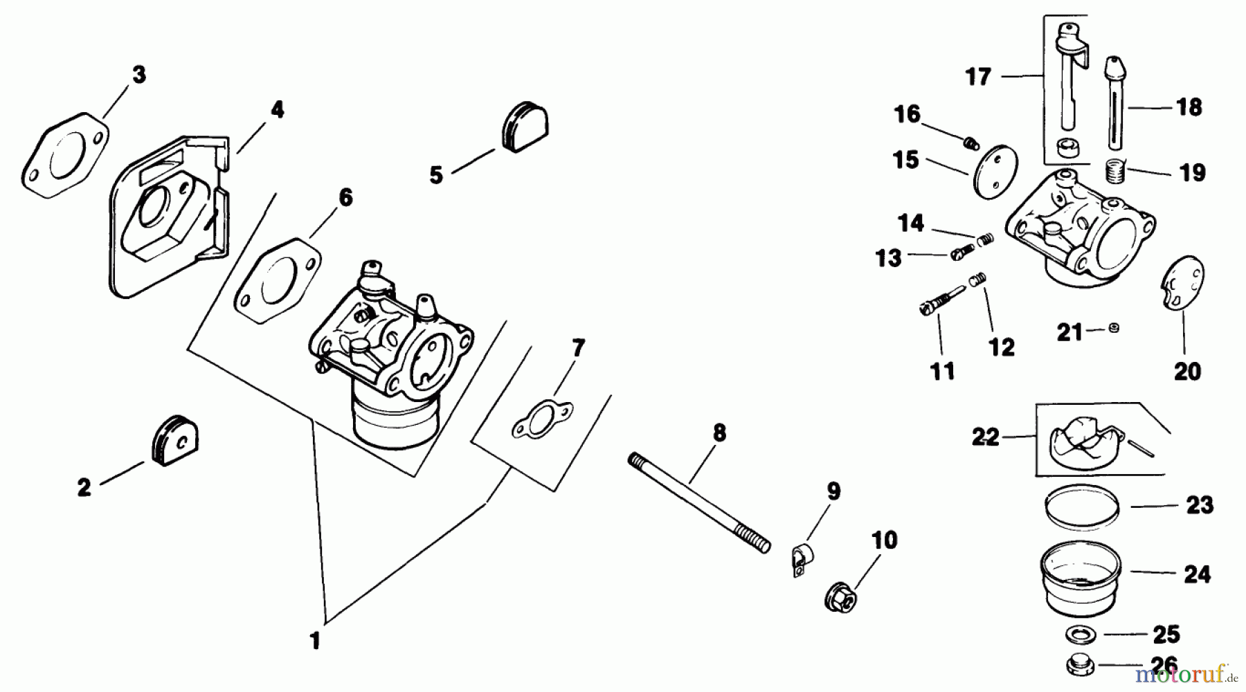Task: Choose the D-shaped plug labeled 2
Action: [x=172, y=441]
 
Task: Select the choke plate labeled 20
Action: [x=1184, y=284]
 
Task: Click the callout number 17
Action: [x=978, y=76]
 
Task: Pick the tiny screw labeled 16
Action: [x=970, y=143]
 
